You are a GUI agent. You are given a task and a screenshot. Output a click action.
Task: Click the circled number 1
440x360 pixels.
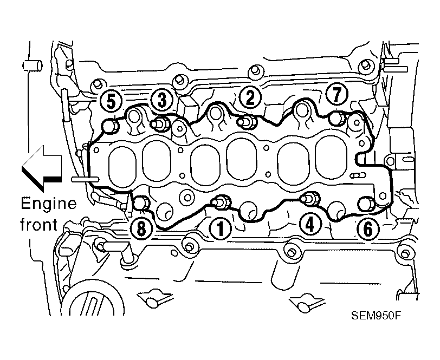tap(221, 229)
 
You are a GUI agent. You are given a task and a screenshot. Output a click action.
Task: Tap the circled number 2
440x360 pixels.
tap(250, 97)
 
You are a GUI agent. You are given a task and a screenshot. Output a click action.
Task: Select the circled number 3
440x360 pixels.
tap(162, 100)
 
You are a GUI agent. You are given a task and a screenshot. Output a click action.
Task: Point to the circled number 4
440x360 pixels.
tap(309, 224)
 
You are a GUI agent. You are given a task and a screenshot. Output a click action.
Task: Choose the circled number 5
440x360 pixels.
tap(111, 101)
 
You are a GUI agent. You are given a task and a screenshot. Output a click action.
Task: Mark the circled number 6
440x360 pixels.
tap(367, 229)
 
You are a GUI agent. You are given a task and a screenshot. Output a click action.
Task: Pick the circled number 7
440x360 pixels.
tap(337, 94)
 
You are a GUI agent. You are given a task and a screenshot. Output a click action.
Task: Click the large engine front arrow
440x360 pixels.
tap(42, 168)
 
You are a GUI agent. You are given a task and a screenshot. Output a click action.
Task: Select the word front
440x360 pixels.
tap(39, 224)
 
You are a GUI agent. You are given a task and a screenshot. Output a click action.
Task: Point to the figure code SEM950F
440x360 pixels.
tap(376, 316)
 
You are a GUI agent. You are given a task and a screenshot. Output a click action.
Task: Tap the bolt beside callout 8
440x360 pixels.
tap(141, 202)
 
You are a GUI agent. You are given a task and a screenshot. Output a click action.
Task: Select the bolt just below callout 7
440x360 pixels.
tap(338, 118)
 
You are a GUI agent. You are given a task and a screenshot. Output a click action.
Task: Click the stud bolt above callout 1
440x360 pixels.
tap(222, 201)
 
